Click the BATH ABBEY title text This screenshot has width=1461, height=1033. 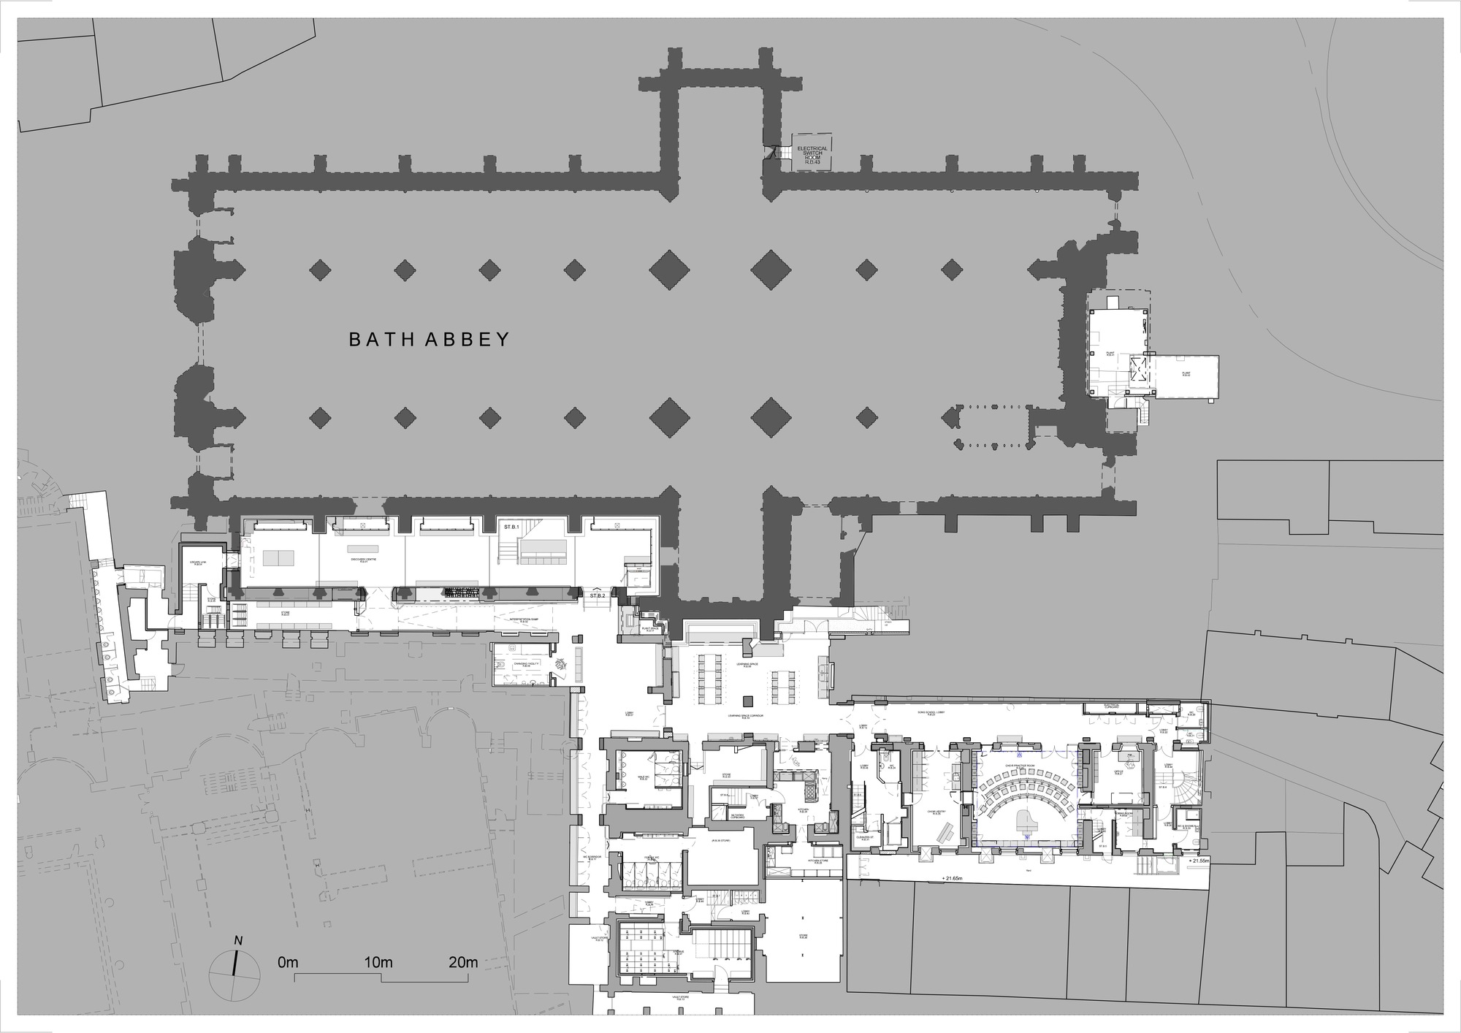429,340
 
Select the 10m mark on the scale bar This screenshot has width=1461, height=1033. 378,963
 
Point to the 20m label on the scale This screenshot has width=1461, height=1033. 463,963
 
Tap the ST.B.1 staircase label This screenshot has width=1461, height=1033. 510,526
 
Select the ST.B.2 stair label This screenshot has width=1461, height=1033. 598,597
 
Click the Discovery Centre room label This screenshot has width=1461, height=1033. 363,560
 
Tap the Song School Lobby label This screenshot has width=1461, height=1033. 931,710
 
